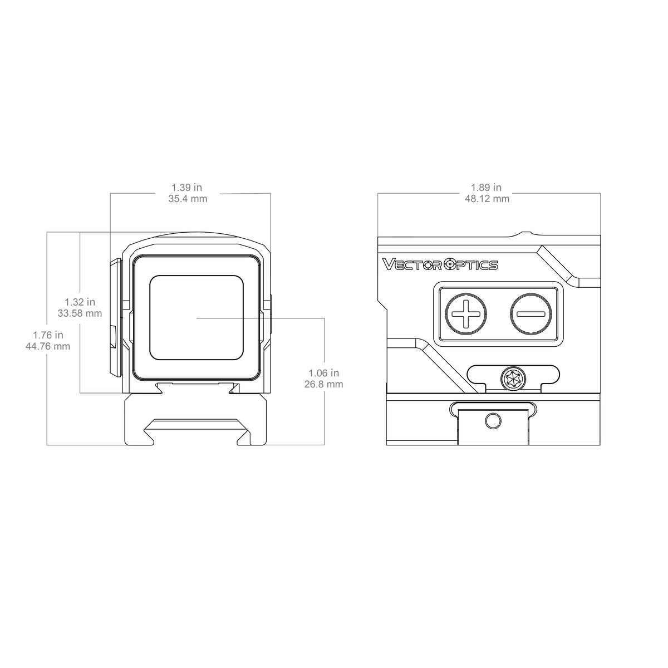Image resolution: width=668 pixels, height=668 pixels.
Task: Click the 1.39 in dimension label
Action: (188, 188)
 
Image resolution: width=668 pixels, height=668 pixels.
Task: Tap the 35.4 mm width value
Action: (188, 199)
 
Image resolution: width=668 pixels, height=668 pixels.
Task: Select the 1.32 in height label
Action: (80, 302)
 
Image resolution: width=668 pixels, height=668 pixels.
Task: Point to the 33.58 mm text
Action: (80, 313)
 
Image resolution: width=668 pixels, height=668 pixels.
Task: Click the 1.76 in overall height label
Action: (48, 335)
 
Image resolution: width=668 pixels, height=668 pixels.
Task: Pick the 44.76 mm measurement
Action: (48, 346)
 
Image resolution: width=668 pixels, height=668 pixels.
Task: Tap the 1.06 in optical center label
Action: (324, 373)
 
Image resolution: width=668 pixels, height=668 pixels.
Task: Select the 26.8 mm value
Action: (324, 384)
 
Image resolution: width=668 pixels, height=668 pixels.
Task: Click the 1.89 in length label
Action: (487, 188)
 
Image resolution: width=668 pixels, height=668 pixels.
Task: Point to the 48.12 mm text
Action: (487, 199)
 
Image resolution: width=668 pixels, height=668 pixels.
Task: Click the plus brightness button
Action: (466, 314)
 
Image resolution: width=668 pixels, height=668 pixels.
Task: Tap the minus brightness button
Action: (531, 314)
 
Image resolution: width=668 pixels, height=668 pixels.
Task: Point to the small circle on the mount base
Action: (492, 421)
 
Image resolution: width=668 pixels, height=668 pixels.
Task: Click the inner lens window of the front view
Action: (197, 317)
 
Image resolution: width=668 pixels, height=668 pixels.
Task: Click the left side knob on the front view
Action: (116, 317)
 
